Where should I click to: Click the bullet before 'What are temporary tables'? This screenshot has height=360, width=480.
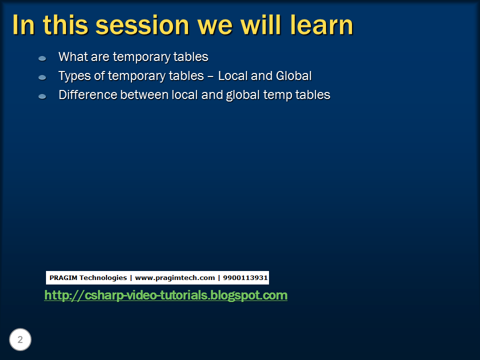(x=42, y=58)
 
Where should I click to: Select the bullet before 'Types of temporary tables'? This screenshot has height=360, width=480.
(x=42, y=77)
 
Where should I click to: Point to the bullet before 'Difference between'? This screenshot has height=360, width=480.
(x=42, y=96)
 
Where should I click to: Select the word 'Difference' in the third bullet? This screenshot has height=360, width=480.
(x=87, y=94)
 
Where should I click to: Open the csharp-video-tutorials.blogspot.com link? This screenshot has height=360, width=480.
(x=165, y=295)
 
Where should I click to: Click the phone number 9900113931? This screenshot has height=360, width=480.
(x=245, y=277)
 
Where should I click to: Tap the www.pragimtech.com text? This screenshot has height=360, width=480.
(x=174, y=277)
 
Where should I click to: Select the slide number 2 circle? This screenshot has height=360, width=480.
(x=20, y=340)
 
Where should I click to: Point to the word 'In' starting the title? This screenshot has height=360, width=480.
(x=22, y=25)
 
